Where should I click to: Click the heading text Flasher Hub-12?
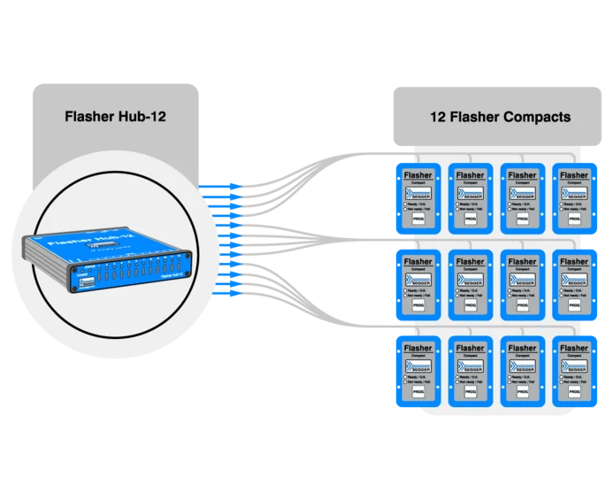coord(116,117)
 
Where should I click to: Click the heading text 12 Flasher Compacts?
coord(500,117)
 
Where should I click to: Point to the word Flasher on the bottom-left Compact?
coord(418,347)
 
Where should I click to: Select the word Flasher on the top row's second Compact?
coord(470,175)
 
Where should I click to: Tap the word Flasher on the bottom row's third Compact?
coord(522,347)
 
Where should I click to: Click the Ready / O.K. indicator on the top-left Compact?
coord(408,205)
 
